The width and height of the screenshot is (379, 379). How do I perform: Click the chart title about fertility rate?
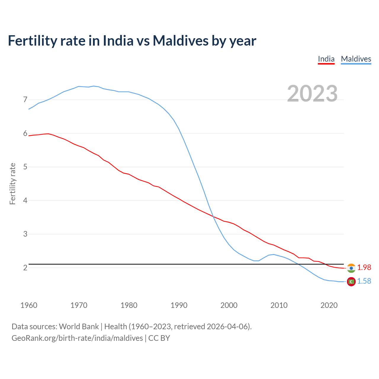(x=132, y=41)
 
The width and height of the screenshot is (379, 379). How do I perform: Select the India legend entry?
(x=326, y=59)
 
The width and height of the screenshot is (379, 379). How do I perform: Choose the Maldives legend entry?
(x=356, y=59)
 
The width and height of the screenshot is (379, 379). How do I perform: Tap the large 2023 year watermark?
(x=312, y=94)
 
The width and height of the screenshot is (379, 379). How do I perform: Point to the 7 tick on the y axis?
(x=25, y=99)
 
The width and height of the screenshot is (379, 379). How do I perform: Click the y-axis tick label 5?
(x=25, y=167)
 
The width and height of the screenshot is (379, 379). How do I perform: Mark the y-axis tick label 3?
(x=25, y=234)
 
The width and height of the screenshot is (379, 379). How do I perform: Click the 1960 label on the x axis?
(x=29, y=305)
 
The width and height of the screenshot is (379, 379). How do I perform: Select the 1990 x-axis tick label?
(x=179, y=305)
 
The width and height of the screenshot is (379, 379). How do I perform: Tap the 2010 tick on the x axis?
(x=279, y=305)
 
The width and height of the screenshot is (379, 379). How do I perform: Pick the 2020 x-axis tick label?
(x=329, y=305)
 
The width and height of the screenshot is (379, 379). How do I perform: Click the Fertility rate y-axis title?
(x=12, y=184)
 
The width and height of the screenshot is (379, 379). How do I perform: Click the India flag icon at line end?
(x=351, y=268)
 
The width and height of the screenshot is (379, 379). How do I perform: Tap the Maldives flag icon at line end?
(x=351, y=282)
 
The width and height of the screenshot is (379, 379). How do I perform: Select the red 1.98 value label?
(x=364, y=268)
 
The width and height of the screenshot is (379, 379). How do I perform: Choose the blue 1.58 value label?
(x=364, y=281)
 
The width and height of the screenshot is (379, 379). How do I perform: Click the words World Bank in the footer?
(x=79, y=327)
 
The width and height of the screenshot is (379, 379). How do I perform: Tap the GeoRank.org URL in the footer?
(x=77, y=338)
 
